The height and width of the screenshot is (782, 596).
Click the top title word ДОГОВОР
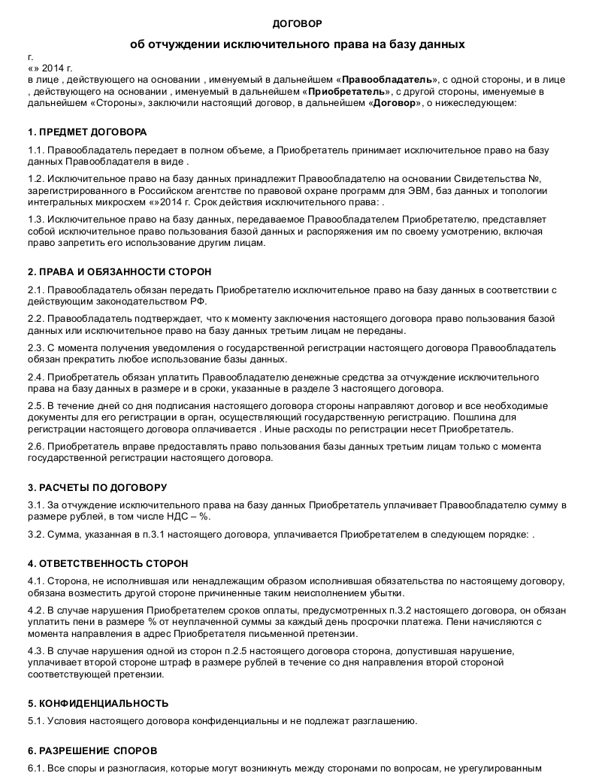click(297, 24)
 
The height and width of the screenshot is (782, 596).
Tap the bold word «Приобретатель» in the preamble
click(346, 92)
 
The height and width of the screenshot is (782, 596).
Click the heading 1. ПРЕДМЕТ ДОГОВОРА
click(87, 132)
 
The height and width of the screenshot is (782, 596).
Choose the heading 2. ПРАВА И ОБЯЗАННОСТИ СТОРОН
click(120, 271)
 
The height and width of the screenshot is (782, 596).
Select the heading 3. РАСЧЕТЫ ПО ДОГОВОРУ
click(98, 487)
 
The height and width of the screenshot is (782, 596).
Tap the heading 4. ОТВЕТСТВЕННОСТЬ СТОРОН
click(108, 563)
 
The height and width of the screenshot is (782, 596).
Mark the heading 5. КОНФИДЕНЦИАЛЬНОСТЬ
click(98, 703)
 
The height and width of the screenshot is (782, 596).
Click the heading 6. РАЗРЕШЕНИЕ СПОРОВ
click(93, 750)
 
